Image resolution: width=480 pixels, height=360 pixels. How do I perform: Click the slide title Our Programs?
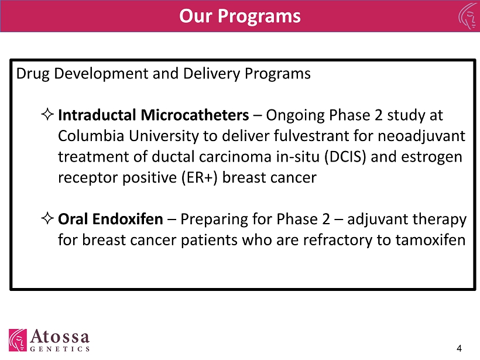tap(239, 16)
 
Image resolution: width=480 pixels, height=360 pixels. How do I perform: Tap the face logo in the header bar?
tap(469, 16)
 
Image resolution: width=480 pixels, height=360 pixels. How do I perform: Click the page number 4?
tap(459, 348)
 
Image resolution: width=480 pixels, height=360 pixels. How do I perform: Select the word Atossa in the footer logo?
tap(60, 337)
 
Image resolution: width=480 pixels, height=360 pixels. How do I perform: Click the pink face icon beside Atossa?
tap(18, 340)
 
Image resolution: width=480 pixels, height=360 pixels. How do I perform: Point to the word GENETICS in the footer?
tap(60, 349)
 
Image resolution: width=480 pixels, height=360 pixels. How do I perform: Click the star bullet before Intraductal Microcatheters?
tap(47, 114)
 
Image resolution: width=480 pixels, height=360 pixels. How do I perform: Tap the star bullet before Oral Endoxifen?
tap(47, 218)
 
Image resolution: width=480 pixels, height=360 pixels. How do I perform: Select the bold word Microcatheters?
tap(195, 115)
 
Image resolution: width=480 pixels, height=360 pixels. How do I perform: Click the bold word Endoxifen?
tap(128, 219)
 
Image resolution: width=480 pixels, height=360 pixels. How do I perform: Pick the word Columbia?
tap(91, 136)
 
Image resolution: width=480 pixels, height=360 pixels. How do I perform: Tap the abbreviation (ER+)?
tap(199, 178)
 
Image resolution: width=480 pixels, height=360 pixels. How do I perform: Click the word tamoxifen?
tap(430, 240)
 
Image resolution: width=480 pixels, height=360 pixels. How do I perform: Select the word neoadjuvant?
tap(421, 136)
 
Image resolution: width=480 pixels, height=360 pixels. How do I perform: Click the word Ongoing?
tap(295, 116)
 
